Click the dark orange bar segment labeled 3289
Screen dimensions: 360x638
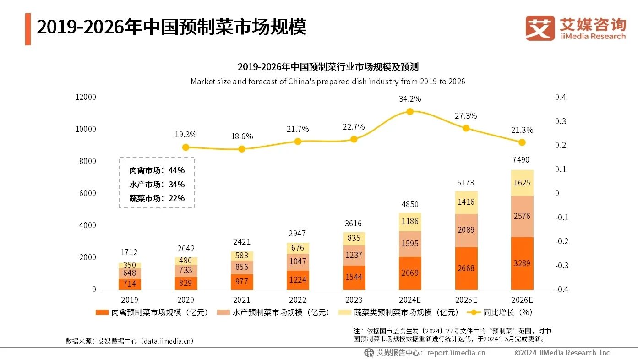tap(522, 263)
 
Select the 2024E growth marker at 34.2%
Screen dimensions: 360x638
tap(410, 111)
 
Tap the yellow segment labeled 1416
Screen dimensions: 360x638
tap(466, 202)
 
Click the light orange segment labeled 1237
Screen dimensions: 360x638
tap(354, 255)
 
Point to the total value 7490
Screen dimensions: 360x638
tap(522, 160)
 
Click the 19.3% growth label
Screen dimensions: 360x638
tap(185, 135)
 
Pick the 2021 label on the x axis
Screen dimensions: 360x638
tap(242, 300)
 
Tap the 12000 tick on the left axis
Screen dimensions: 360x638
tap(86, 97)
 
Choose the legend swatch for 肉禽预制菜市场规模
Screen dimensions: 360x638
tap(102, 312)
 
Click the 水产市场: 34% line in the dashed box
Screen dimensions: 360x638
tap(157, 185)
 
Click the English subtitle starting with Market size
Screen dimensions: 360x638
tap(327, 82)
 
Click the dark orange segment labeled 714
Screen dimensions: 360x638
tap(130, 284)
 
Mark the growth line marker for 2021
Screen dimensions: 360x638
tap(242, 149)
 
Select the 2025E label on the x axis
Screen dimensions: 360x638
tap(466, 300)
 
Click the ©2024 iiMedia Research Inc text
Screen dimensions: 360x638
tap(562, 353)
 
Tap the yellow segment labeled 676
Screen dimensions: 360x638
tap(298, 248)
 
